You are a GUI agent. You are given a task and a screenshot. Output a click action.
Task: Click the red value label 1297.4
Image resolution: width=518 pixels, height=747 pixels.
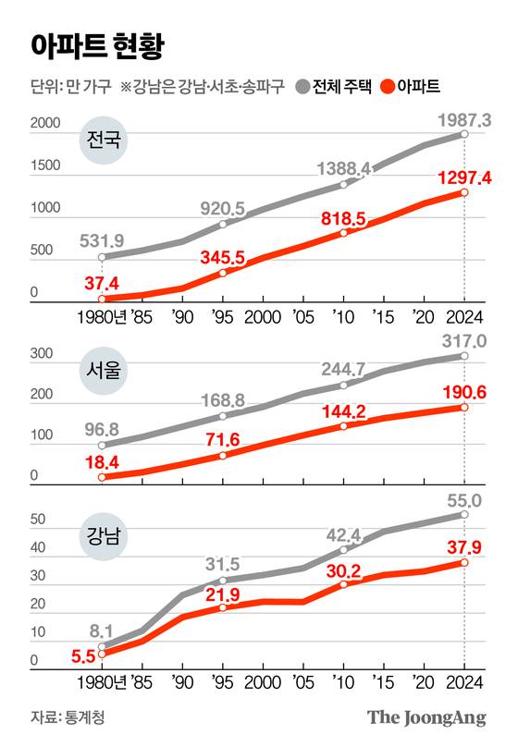[x=462, y=176]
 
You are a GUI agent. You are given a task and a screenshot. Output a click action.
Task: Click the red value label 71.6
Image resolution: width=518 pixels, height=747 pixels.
[x=223, y=437]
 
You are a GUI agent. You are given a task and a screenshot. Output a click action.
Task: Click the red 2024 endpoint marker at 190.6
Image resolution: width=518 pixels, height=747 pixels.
[x=464, y=407]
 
